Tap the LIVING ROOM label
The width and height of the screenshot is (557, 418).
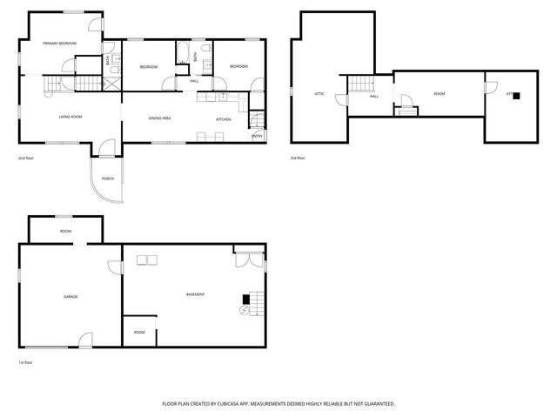70,117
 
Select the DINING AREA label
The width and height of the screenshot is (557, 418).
160,118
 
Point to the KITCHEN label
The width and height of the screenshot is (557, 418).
224,118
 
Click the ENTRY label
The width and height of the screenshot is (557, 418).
258,136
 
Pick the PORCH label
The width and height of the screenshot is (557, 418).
108,179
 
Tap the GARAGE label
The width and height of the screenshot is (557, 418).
70,296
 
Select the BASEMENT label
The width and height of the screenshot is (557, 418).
196,294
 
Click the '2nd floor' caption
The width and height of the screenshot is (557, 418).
27,158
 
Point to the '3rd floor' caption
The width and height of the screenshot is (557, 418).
299,158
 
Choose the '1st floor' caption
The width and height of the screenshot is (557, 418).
27,362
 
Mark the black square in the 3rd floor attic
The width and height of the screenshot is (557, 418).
516,96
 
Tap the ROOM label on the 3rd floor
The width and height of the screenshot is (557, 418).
440,93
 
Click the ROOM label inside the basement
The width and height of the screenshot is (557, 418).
139,332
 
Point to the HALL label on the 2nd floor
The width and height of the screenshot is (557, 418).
194,81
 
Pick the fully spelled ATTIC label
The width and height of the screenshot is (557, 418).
319,93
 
